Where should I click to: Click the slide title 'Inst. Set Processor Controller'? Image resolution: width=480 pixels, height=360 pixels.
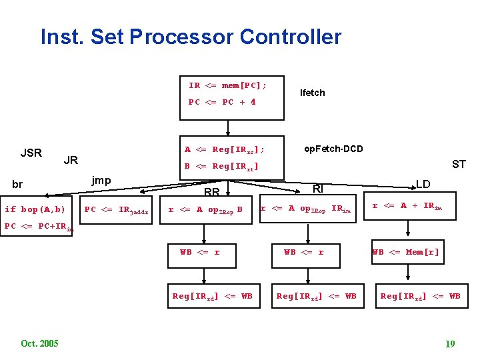(x=191, y=36)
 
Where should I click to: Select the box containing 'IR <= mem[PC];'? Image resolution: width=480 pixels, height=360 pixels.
(x=229, y=94)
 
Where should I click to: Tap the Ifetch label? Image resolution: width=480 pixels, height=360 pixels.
(x=312, y=93)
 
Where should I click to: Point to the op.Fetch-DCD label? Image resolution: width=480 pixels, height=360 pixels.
(x=333, y=149)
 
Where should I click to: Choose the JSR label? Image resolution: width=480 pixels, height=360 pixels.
(x=31, y=153)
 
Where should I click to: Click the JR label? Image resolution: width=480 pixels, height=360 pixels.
(x=70, y=160)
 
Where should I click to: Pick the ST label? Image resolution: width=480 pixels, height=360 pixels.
(x=459, y=164)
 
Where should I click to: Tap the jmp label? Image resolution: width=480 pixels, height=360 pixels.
(x=101, y=180)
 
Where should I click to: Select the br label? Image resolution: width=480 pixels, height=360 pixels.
(x=17, y=185)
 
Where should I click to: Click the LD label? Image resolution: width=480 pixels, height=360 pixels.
(x=423, y=183)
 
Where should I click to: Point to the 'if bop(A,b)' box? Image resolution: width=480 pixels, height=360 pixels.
(x=35, y=209)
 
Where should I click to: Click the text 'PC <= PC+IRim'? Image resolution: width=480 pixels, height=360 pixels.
(x=39, y=227)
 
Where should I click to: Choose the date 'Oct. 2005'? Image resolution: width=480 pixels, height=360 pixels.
(x=39, y=343)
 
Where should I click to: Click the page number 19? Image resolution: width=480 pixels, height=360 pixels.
(x=450, y=344)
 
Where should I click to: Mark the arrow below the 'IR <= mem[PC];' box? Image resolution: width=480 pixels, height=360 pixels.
(x=229, y=127)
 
